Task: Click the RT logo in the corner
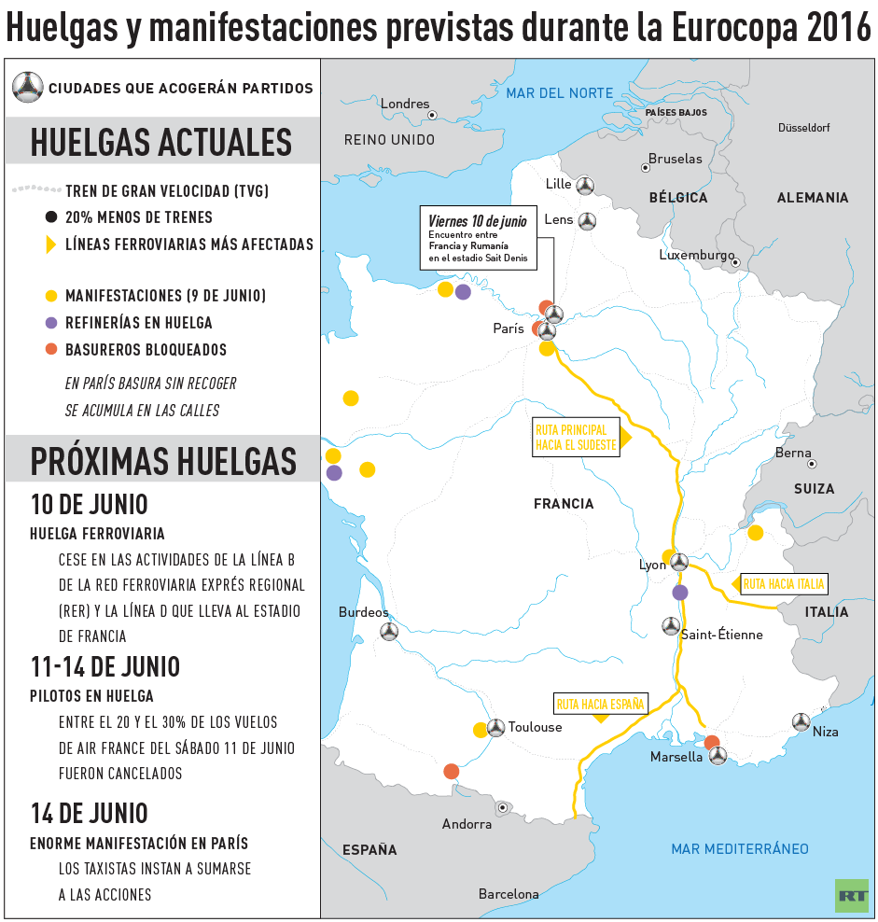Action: [851, 895]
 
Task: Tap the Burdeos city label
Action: [363, 613]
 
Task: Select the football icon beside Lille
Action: [585, 185]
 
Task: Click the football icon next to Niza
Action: [801, 721]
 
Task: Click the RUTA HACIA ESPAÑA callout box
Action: [601, 705]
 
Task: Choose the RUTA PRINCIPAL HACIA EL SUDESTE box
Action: [577, 438]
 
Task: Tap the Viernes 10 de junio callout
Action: [479, 238]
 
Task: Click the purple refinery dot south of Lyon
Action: [680, 593]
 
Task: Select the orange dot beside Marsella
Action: [712, 743]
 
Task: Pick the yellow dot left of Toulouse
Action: [481, 730]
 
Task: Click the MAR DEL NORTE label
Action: [560, 92]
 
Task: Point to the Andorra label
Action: [467, 824]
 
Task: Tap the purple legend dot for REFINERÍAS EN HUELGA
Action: [52, 323]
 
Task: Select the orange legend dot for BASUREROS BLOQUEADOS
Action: [52, 350]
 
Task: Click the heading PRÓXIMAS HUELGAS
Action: [163, 461]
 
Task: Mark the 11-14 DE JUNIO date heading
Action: [105, 667]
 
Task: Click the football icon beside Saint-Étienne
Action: [670, 625]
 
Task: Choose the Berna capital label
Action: [793, 453]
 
